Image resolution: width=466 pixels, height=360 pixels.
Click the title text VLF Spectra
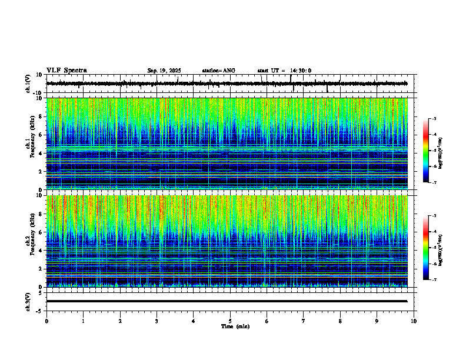point(66,71)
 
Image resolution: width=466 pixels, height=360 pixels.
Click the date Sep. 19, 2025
point(164,71)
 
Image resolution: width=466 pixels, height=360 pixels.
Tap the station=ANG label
point(218,71)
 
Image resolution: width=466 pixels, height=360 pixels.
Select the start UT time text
point(284,71)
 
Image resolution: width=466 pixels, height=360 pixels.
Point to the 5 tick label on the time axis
point(230,321)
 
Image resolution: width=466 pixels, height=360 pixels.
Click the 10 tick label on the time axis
point(414,321)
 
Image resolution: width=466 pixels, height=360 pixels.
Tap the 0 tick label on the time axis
point(46,321)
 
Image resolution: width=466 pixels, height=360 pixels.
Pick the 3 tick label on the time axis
point(157,321)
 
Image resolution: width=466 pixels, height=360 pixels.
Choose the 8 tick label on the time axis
point(340,321)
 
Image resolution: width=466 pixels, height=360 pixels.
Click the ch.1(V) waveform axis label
point(28,84)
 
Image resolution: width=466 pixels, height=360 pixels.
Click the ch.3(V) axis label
point(28,301)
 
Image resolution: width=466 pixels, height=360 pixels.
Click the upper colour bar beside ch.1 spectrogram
point(426,151)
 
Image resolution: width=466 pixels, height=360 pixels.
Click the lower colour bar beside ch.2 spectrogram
point(426,248)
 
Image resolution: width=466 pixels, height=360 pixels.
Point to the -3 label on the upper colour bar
point(434,119)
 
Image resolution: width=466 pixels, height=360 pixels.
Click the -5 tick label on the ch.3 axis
point(41,310)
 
